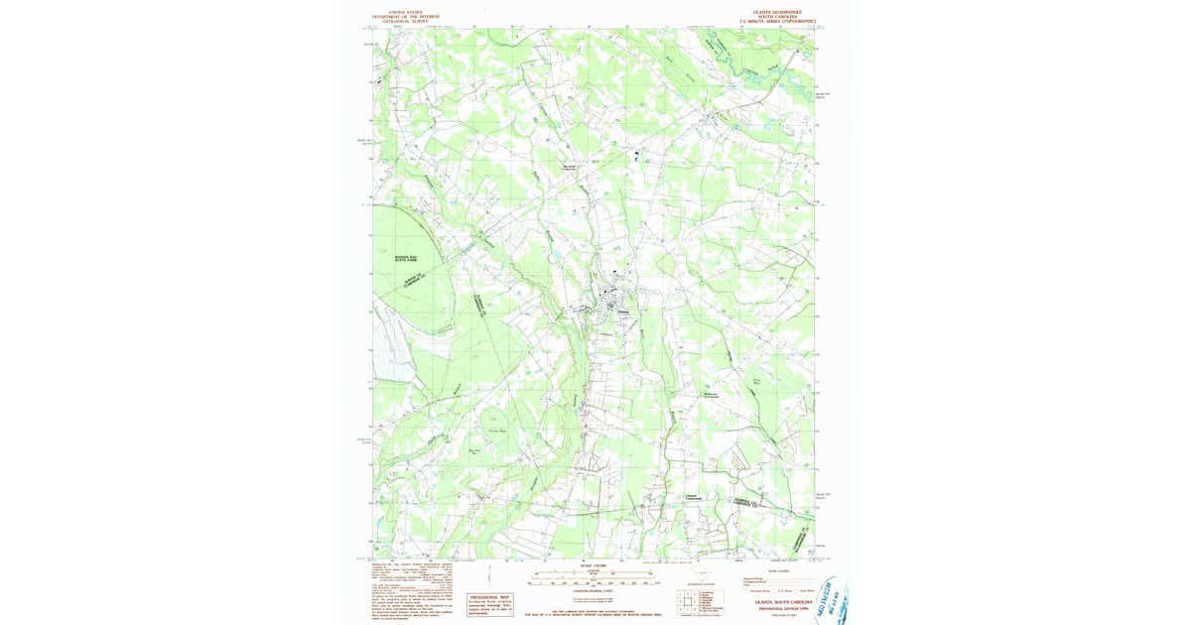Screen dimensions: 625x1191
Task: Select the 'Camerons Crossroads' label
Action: click(x=695, y=497)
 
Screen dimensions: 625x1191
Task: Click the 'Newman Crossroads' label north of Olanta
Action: click(x=569, y=167)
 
